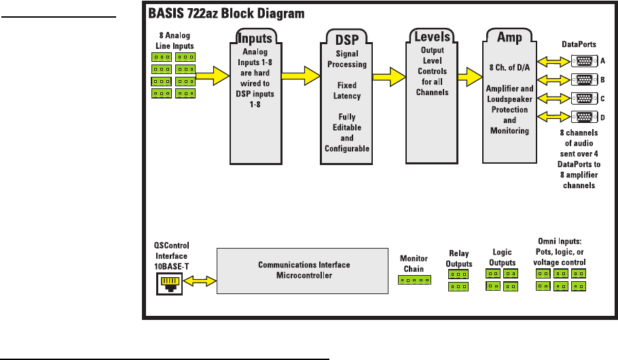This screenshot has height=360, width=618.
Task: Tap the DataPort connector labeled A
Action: [583, 60]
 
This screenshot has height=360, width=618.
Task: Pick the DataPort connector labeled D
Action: [583, 116]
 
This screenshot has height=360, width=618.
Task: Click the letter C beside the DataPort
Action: [603, 98]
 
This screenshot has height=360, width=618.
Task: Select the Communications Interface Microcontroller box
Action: [302, 270]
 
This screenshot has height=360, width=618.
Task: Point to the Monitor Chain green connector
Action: [414, 279]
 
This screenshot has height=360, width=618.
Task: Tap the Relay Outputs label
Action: [458, 259]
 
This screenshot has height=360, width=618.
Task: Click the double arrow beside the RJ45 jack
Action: [199, 281]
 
